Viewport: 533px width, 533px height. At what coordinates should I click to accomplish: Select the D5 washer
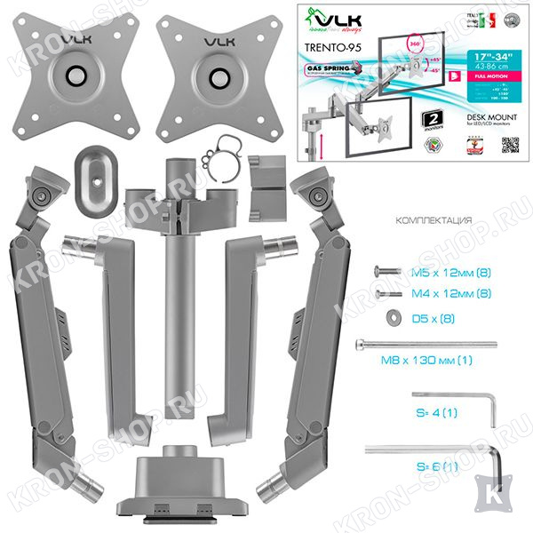[x=391, y=318]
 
